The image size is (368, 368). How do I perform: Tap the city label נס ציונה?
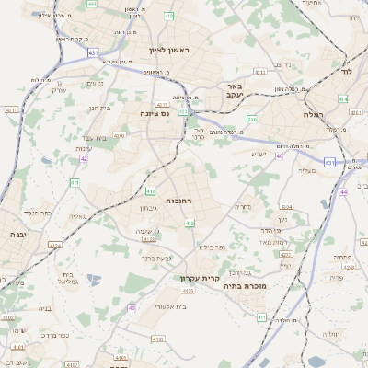[x=155, y=113]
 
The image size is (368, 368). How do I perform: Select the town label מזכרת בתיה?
[x=244, y=286]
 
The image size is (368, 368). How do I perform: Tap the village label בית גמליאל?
[x=67, y=278]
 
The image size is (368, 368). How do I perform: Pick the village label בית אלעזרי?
[x=172, y=306]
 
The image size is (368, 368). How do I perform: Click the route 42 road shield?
[x=84, y=159]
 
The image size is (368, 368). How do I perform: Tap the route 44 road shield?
[x=343, y=191]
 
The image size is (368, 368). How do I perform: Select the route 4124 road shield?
[x=55, y=246]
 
